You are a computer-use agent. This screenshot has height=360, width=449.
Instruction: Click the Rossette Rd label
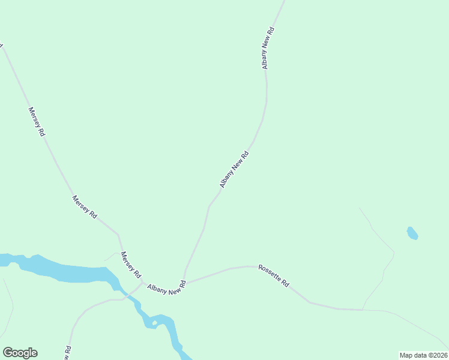[274, 275]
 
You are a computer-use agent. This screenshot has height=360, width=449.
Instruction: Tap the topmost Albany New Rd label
[268, 47]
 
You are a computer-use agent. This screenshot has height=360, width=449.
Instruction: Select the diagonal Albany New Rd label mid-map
[234, 169]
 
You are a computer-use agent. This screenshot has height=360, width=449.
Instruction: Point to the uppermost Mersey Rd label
[37, 122]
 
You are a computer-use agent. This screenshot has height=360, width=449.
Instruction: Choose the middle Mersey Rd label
[85, 207]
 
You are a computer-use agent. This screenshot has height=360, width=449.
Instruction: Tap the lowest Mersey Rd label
[131, 265]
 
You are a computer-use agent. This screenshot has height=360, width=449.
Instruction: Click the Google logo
[20, 353]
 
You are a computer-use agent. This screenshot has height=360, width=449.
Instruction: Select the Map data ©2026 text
[423, 355]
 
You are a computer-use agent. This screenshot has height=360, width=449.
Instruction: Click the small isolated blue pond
[412, 233]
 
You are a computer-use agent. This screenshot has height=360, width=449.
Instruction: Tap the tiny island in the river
[154, 323]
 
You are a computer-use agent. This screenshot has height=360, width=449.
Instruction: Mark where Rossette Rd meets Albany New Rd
[185, 280]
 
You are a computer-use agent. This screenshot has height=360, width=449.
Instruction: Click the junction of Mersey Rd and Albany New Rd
[142, 283]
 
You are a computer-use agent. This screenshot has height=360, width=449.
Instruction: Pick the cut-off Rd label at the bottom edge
[68, 353]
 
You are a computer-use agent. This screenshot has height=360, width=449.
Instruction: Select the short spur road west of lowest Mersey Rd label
[110, 256]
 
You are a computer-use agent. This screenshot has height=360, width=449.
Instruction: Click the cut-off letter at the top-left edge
[2, 45]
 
